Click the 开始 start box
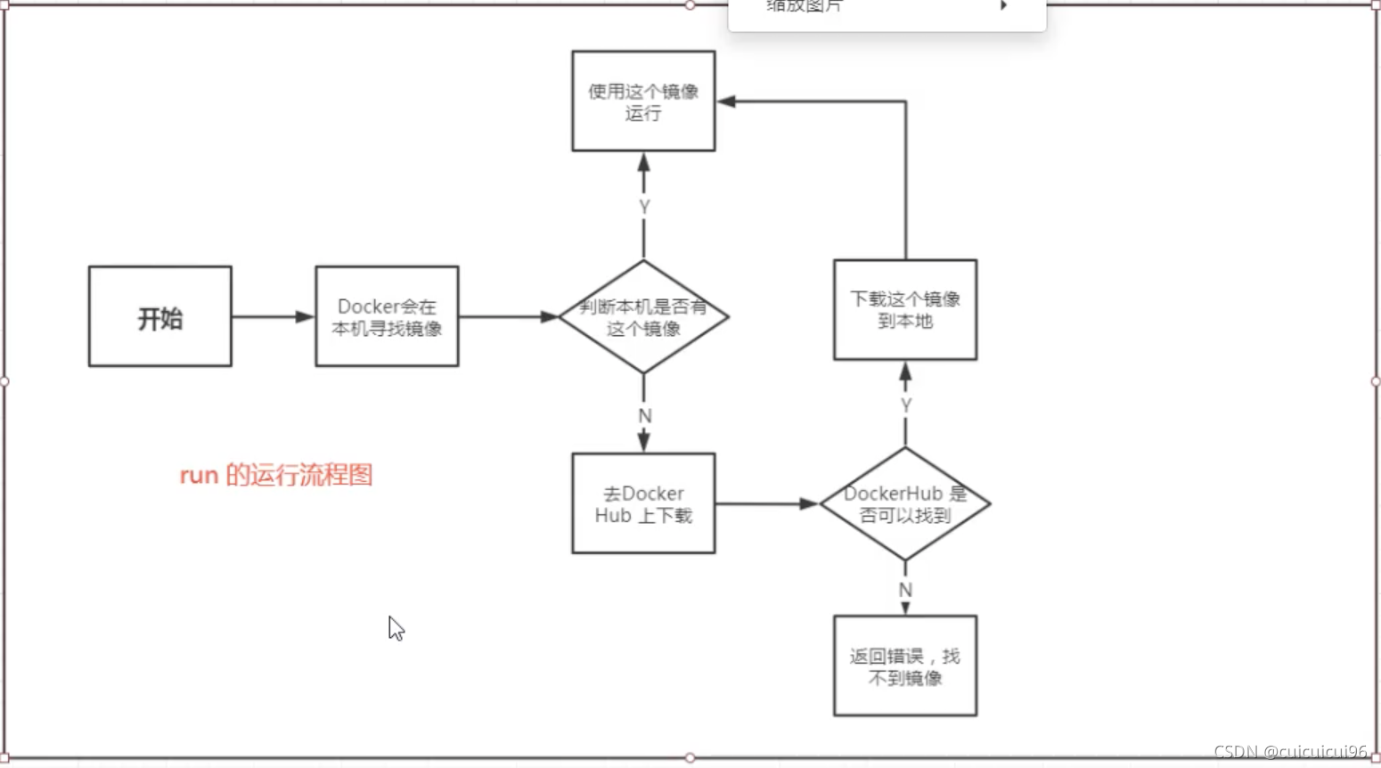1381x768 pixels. click(x=160, y=316)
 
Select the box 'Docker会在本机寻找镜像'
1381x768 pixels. click(x=387, y=316)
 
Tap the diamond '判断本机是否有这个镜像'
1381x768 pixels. click(x=643, y=316)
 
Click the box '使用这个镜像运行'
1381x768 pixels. click(x=643, y=101)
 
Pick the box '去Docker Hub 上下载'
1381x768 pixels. click(x=643, y=503)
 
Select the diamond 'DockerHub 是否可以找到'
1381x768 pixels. click(x=905, y=504)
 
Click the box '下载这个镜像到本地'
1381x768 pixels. click(x=905, y=309)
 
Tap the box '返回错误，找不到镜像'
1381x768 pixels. click(x=905, y=666)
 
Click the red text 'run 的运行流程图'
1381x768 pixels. click(x=276, y=475)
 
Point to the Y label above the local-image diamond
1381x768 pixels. click(x=644, y=207)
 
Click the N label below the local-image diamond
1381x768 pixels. click(x=645, y=416)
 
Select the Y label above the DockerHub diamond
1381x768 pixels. click(x=906, y=405)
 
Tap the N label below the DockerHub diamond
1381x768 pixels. click(x=905, y=590)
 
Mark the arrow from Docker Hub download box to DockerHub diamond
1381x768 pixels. click(x=766, y=504)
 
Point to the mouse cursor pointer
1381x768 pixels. click(x=396, y=628)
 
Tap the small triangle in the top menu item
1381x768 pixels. click(x=1004, y=5)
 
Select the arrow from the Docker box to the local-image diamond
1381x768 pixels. click(x=508, y=316)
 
